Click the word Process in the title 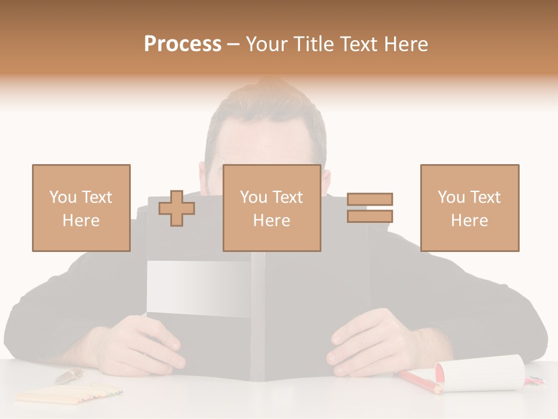[183, 44]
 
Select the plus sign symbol [177, 208]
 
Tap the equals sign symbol [370, 208]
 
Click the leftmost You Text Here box [81, 208]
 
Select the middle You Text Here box [271, 208]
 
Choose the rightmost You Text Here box [469, 208]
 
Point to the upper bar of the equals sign [370, 199]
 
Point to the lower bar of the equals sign [370, 216]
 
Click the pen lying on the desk [69, 376]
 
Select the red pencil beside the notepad [418, 381]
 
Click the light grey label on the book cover [198, 288]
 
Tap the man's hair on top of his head [264, 105]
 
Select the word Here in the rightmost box [469, 221]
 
